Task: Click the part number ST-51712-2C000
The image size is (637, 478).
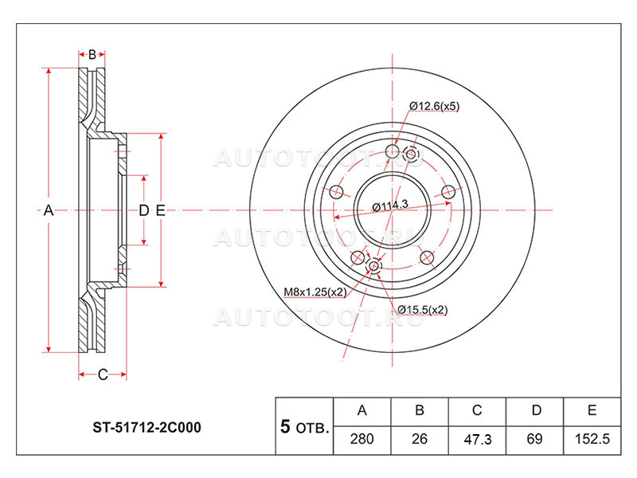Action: coord(147,428)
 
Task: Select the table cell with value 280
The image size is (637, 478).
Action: coord(361,440)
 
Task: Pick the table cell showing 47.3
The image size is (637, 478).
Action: coord(477,440)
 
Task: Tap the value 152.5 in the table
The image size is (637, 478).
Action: coord(592,440)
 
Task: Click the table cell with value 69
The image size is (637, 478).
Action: coord(534,440)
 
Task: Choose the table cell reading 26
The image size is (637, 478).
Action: coord(420,440)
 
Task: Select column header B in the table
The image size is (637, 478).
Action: coord(420,411)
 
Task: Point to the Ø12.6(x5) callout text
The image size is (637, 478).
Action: coord(434,107)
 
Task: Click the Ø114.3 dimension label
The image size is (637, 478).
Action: coord(390,206)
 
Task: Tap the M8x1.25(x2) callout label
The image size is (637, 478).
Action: coord(315,292)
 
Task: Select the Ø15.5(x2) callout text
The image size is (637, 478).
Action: coord(423,310)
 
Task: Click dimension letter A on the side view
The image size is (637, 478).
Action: coord(49,210)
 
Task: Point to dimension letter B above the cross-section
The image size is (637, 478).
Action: coord(92,54)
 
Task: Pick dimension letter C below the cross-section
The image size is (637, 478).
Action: coord(103,374)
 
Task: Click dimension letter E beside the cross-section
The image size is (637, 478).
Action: coord(161,210)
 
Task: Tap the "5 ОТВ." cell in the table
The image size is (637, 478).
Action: coord(304,426)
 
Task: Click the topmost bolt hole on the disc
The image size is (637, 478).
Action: coord(392,151)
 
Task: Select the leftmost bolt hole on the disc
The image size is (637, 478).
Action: coord(336,191)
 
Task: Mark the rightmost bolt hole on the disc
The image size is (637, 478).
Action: coord(447,191)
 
